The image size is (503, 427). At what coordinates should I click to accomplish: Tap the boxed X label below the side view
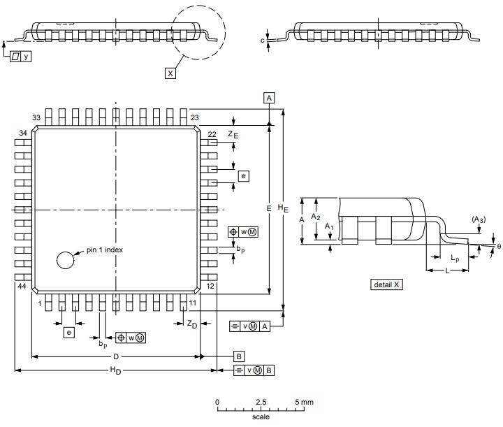(x=170, y=73)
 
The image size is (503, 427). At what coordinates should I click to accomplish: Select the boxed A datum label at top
(x=270, y=98)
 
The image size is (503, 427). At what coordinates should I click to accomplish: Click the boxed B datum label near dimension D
(x=239, y=356)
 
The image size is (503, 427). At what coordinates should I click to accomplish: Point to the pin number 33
(x=37, y=117)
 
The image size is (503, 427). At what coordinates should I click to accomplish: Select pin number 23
(x=195, y=117)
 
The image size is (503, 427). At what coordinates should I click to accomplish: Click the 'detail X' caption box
(x=387, y=284)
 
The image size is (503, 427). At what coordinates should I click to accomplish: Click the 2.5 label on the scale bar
(x=261, y=403)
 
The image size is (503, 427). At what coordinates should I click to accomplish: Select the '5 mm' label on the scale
(x=304, y=403)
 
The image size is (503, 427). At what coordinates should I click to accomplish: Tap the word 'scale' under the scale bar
(x=261, y=417)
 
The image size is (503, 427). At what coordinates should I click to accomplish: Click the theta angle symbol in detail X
(x=498, y=245)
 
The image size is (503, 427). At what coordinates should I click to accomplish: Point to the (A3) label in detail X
(x=479, y=219)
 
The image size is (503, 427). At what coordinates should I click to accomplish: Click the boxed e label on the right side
(x=243, y=176)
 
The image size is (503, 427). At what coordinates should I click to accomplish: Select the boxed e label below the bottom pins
(x=69, y=333)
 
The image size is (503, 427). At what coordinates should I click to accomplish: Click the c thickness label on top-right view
(x=263, y=41)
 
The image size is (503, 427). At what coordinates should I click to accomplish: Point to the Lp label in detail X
(x=455, y=258)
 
